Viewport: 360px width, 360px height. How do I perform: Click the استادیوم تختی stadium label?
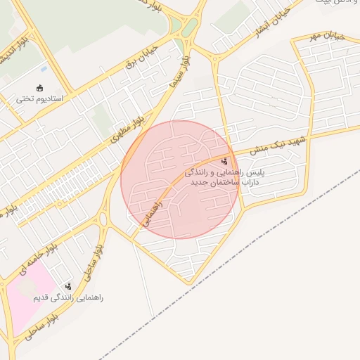tap(39, 99)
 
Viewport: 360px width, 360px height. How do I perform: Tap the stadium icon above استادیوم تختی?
tap(40, 89)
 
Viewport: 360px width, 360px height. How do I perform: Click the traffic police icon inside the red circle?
tap(224, 161)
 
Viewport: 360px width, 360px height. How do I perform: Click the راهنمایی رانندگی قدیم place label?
tap(68, 297)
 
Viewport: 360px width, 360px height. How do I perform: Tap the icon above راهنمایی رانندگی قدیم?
tap(69, 286)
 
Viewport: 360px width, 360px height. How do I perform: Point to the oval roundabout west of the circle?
tap(103, 219)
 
